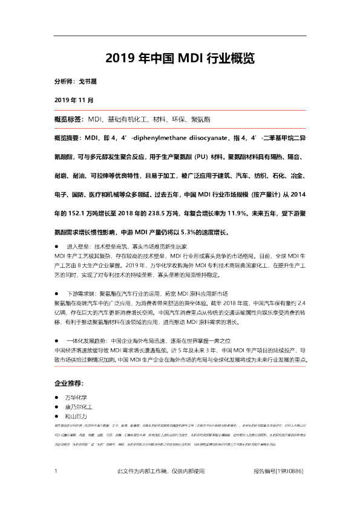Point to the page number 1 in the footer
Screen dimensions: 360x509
[x=56, y=471]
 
